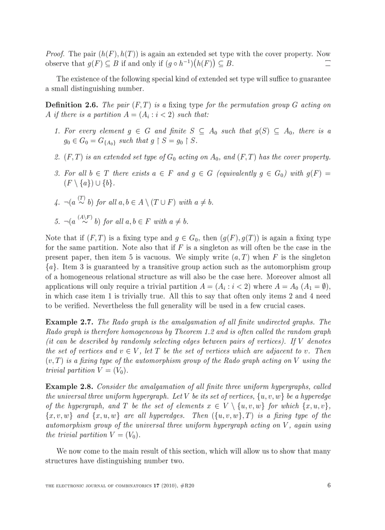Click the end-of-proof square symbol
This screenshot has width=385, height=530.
[x=328, y=63]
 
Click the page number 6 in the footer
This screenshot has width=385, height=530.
[x=329, y=485]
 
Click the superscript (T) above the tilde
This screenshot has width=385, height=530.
[x=82, y=198]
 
